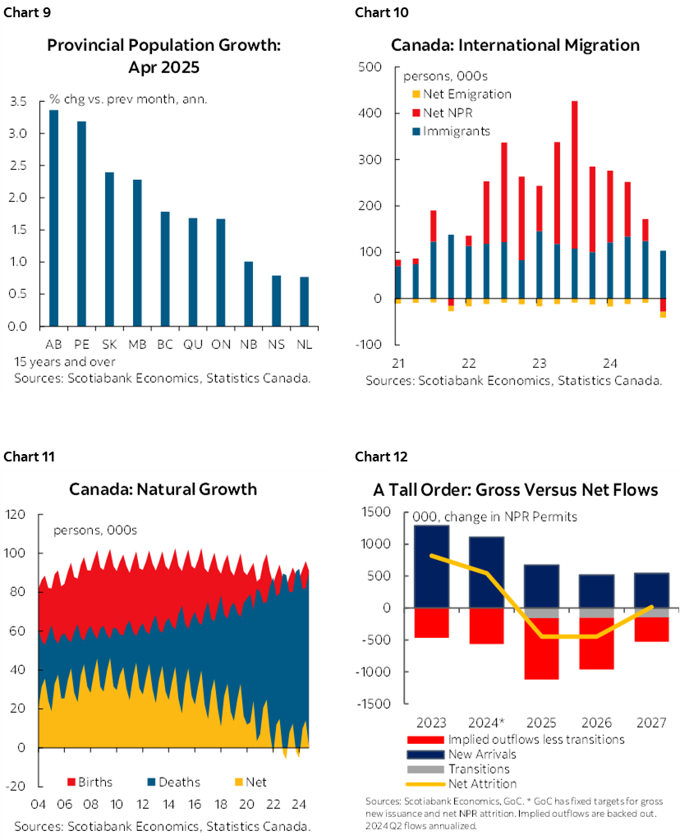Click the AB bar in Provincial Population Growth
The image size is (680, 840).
pos(53,218)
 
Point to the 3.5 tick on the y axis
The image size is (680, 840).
pos(18,102)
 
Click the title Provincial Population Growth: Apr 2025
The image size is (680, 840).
pos(163,55)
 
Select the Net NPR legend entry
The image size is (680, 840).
pos(449,112)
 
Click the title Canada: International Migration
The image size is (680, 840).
pos(515,44)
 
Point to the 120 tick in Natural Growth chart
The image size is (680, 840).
pos(16,515)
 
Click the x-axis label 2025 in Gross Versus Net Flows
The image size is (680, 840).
pos(541,723)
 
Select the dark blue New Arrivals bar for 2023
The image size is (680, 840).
pos(431,567)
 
